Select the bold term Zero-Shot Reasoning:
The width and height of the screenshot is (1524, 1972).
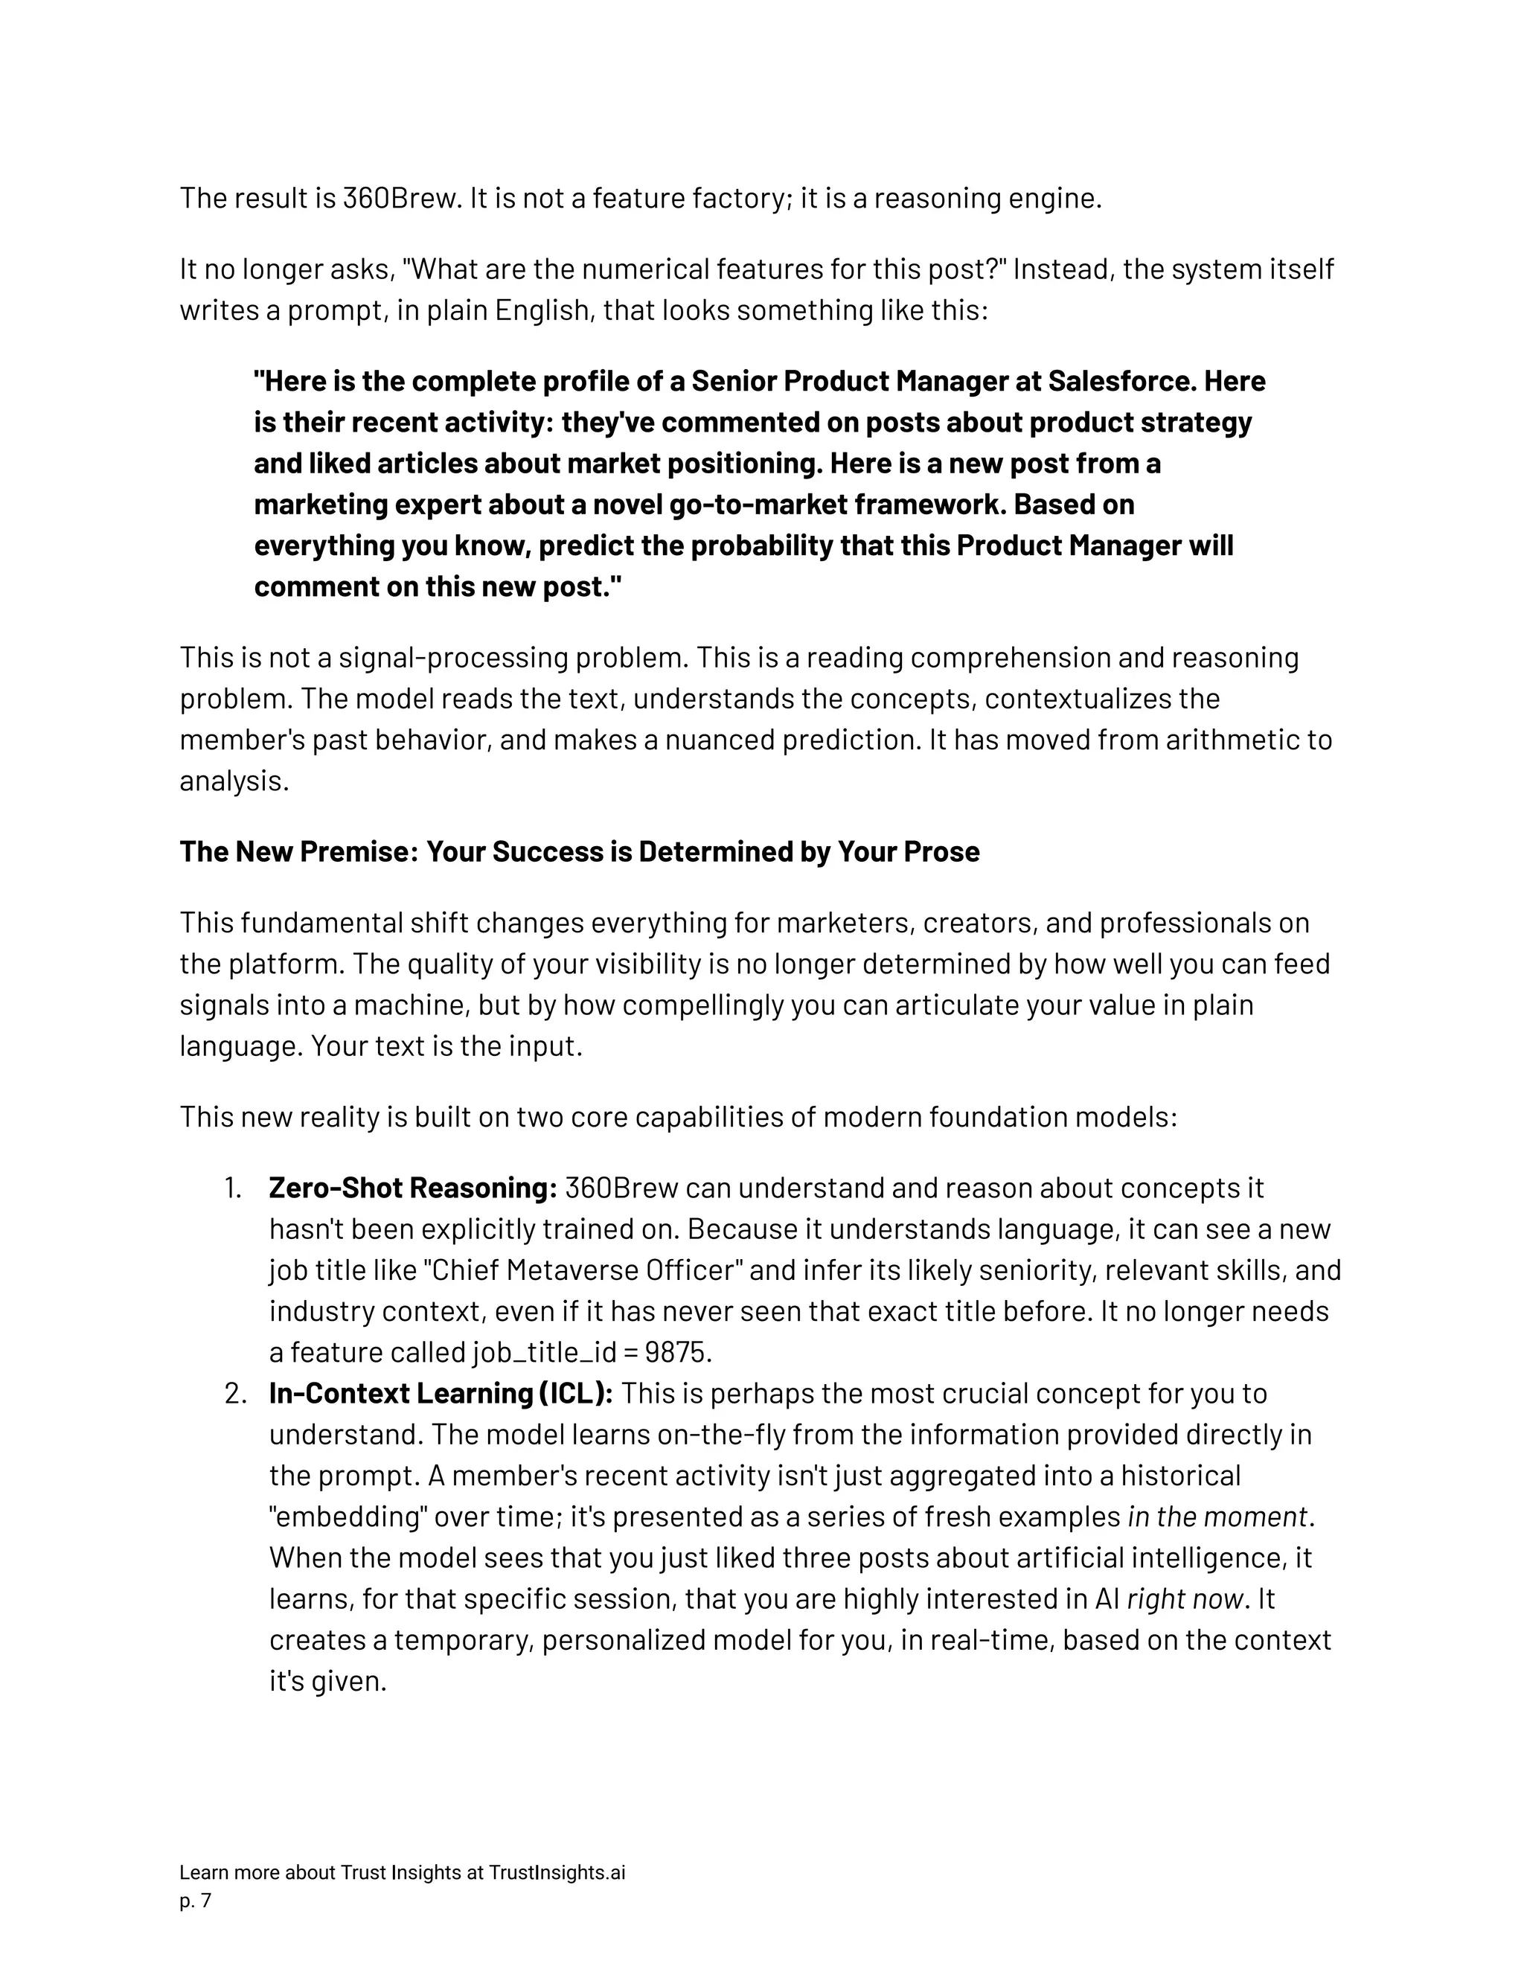pos(412,1188)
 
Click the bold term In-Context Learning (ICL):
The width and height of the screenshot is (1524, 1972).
pos(441,1393)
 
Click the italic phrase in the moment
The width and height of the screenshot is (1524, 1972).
pos(1217,1517)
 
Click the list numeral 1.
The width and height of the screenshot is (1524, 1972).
pos(233,1188)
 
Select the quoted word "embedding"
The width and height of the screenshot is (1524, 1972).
pos(348,1517)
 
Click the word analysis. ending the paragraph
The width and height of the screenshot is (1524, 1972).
pos(234,781)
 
